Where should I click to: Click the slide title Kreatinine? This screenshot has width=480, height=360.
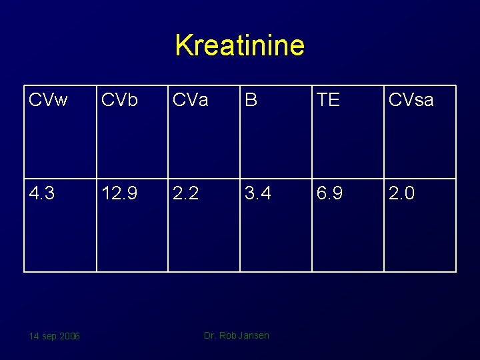(x=239, y=45)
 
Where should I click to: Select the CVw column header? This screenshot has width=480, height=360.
(x=48, y=100)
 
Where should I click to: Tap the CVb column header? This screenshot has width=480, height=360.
(x=119, y=100)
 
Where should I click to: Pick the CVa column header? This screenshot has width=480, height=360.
(x=190, y=100)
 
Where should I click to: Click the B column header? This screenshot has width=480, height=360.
(x=251, y=100)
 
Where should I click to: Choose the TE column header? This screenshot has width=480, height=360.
(x=328, y=100)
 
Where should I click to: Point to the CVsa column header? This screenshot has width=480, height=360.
(x=411, y=100)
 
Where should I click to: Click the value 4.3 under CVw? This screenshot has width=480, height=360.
(x=42, y=193)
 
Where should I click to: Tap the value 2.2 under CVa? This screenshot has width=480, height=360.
(x=185, y=193)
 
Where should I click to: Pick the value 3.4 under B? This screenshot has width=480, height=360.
(x=257, y=193)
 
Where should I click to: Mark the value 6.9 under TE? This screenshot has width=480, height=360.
(x=329, y=193)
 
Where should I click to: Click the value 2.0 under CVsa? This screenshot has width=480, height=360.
(x=401, y=193)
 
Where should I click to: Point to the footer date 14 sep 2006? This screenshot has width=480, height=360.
(x=54, y=336)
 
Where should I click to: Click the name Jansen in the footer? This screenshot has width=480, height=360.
(x=254, y=335)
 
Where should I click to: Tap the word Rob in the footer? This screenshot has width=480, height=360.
(x=228, y=335)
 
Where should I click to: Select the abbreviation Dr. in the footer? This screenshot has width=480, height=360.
(x=210, y=335)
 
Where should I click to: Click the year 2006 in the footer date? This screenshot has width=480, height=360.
(x=69, y=336)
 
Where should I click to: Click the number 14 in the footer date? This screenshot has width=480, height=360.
(x=33, y=336)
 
